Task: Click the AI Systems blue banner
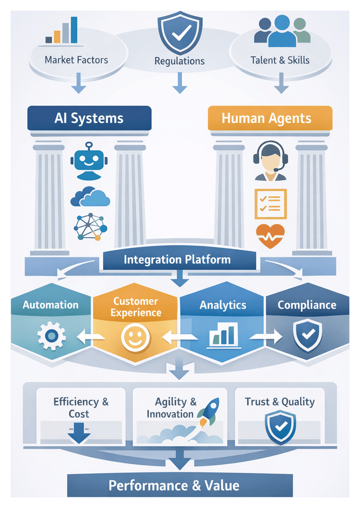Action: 89,118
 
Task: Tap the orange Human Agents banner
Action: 270,118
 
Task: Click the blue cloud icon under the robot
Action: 90,196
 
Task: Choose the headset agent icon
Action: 270,160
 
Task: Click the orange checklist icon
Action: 270,204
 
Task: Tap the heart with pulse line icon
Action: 270,235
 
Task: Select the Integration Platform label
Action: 177,259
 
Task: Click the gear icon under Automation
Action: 51,336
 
